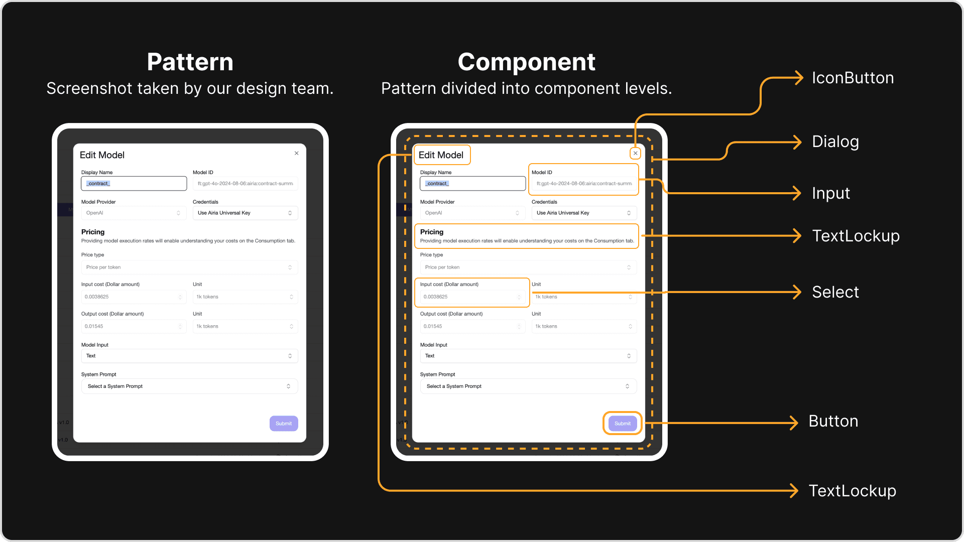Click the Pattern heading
point(190,62)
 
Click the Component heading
point(526,62)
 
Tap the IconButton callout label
point(853,78)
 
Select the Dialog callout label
point(835,142)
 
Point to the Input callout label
point(830,194)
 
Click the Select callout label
point(835,292)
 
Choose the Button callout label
point(833,422)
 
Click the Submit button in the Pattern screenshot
point(284,424)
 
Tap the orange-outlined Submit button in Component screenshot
point(623,424)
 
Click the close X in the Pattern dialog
point(297,154)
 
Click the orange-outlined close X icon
point(636,154)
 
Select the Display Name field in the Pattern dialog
point(134,184)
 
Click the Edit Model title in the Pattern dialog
point(102,155)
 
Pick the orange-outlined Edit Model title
point(441,155)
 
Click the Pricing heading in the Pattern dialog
point(93,232)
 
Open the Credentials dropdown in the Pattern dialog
point(245,213)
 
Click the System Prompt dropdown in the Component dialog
point(528,386)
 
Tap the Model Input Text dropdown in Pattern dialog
point(189,356)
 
